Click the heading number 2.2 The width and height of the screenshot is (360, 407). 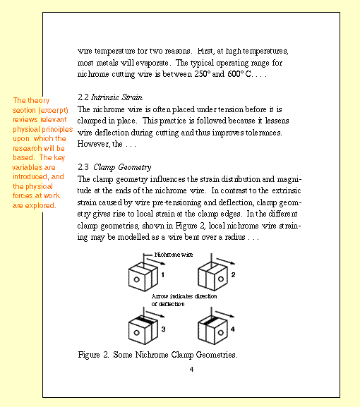coord(83,97)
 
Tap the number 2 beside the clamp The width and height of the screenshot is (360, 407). coord(233,274)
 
